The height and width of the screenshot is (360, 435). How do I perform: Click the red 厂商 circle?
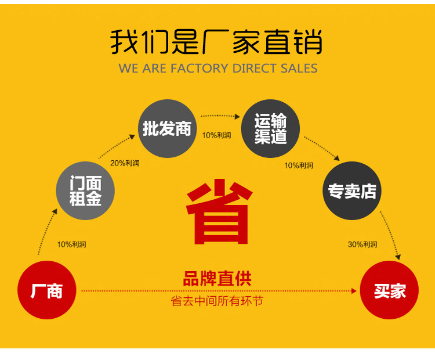click(x=46, y=290)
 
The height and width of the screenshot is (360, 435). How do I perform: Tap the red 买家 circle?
click(x=389, y=290)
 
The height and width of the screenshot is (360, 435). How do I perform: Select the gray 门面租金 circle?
click(x=85, y=191)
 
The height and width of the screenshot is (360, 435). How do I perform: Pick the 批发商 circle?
click(x=167, y=128)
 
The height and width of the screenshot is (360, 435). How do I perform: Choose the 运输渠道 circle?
click(x=270, y=128)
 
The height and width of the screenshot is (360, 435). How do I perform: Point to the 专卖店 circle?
click(x=352, y=191)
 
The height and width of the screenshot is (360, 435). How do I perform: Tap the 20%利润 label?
click(x=125, y=163)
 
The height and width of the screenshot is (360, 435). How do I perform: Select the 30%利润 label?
click(x=362, y=244)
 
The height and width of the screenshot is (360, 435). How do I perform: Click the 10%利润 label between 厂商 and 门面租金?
click(x=71, y=244)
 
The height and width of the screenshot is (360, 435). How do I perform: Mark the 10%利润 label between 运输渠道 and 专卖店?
click(x=299, y=165)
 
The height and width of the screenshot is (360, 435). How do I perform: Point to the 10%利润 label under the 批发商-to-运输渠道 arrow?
click(x=216, y=135)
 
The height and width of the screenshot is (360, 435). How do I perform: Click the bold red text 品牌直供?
click(x=217, y=279)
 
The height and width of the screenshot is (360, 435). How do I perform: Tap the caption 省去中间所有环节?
click(x=217, y=302)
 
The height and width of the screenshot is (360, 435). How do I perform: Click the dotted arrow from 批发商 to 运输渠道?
click(x=219, y=116)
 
